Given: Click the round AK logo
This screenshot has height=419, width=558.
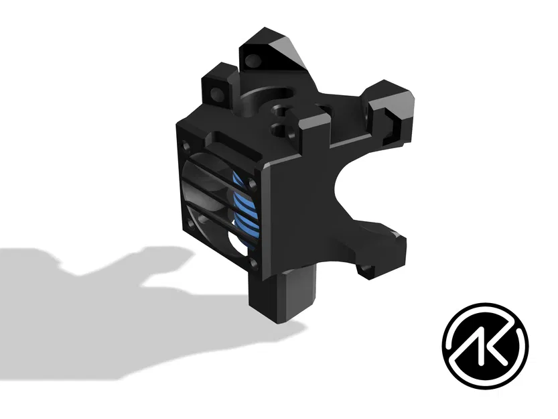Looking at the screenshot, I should pos(485,345).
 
